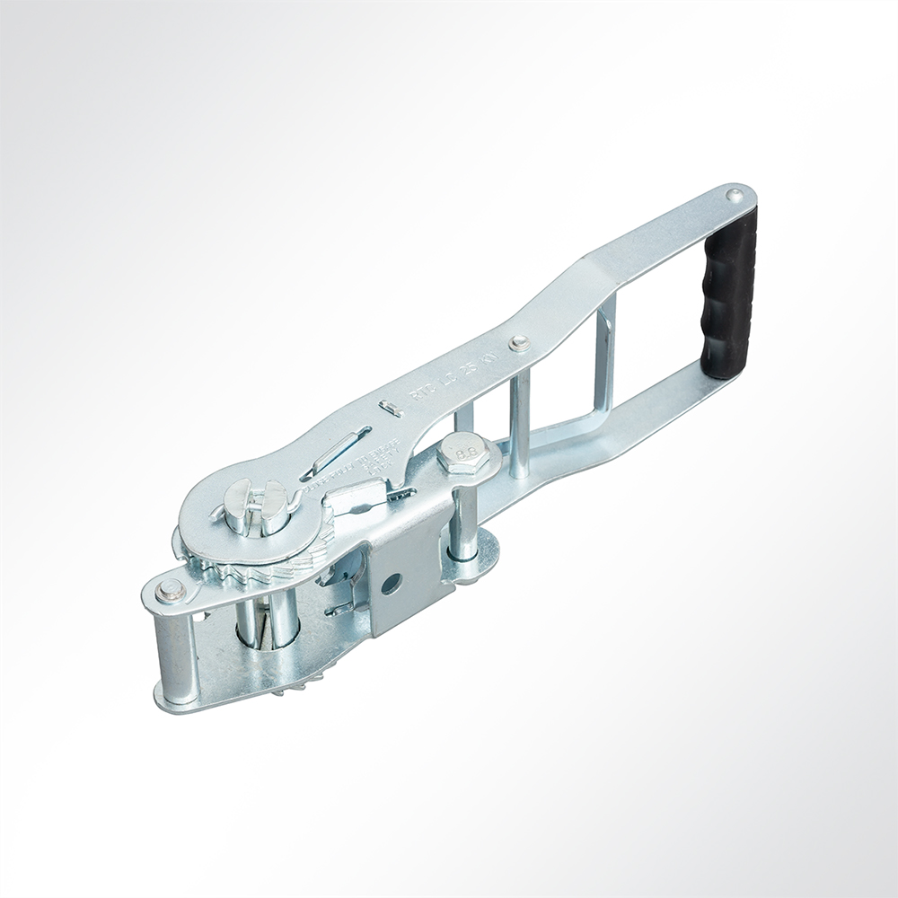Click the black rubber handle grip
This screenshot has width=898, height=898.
point(729,292)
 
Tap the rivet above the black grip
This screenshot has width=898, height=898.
point(735,195)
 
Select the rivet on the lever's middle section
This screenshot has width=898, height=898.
point(518,343)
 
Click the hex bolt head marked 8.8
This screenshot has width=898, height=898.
point(463,454)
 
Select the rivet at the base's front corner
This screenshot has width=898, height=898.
point(168,590)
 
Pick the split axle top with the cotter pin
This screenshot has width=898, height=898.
point(255,506)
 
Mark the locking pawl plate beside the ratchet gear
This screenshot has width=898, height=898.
point(359,498)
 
